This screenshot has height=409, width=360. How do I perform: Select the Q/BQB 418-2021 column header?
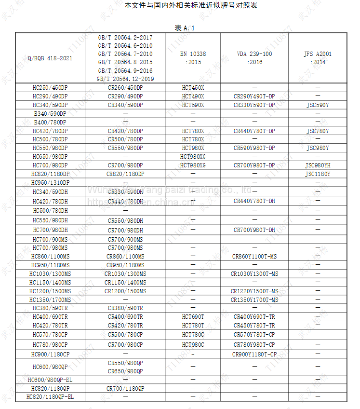[50, 58]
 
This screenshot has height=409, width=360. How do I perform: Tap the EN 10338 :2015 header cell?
[193, 58]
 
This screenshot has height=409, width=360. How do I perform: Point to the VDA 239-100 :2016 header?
[254, 58]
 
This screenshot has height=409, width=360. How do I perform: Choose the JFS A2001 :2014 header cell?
[318, 58]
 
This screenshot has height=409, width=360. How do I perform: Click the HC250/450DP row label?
[50, 88]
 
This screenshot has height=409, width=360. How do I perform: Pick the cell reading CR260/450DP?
[125, 88]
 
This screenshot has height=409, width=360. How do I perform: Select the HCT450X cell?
[193, 88]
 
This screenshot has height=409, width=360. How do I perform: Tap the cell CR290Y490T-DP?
[254, 96]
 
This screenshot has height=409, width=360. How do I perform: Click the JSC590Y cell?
[318, 105]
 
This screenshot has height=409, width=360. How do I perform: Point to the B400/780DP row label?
[50, 123]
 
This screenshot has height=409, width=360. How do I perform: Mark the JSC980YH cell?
[318, 165]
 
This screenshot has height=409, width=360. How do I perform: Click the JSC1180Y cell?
[318, 174]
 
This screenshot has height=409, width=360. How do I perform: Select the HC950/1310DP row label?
[50, 183]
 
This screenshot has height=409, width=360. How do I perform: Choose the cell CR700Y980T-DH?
[254, 231]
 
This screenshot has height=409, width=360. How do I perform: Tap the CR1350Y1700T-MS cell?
[254, 300]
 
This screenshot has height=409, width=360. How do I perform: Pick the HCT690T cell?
[193, 317]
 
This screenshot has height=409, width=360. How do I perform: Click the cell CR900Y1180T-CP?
[254, 354]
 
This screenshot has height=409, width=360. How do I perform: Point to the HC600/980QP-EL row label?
[50, 380]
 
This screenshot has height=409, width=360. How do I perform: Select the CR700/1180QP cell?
[125, 388]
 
